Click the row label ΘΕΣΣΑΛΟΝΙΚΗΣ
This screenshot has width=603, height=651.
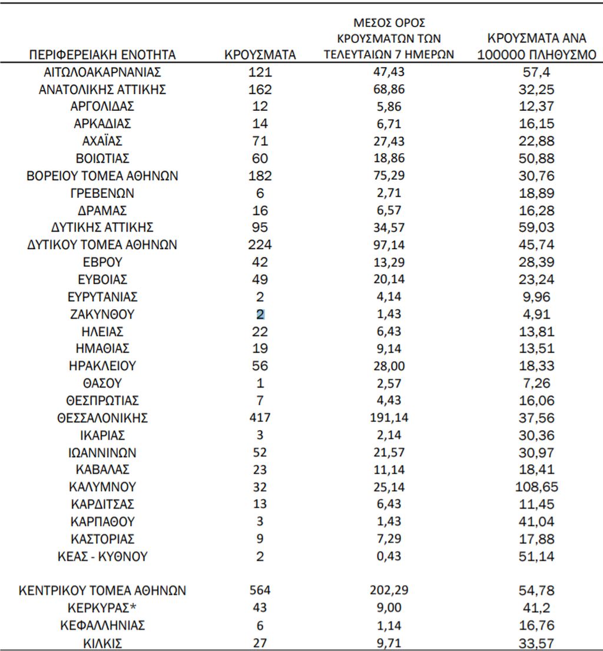pyautogui.click(x=102, y=418)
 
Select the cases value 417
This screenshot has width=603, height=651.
pyautogui.click(x=260, y=418)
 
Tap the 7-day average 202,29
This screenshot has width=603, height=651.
pyautogui.click(x=389, y=590)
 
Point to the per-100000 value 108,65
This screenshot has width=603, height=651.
pyautogui.click(x=536, y=487)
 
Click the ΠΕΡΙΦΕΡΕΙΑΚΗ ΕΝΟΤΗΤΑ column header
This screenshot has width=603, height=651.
pyautogui.click(x=102, y=55)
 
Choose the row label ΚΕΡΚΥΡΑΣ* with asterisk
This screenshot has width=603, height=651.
pyautogui.click(x=102, y=608)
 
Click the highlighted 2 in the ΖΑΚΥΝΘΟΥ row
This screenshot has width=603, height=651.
pyautogui.click(x=260, y=315)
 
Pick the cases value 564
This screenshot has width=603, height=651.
pyautogui.click(x=260, y=590)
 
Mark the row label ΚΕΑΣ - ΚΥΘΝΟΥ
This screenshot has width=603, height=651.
pyautogui.click(x=102, y=557)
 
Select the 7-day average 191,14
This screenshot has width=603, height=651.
pyautogui.click(x=389, y=418)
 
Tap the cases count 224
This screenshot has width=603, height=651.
pyautogui.click(x=260, y=245)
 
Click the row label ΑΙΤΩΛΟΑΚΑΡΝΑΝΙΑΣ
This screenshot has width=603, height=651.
pyautogui.click(x=102, y=72)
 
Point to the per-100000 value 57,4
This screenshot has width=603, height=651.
pyautogui.click(x=536, y=72)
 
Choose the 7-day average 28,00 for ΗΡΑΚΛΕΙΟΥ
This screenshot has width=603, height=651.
pyautogui.click(x=389, y=366)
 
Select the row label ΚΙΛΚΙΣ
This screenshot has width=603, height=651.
pyautogui.click(x=102, y=643)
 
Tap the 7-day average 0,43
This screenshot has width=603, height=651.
pyautogui.click(x=389, y=557)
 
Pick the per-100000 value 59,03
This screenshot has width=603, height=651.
pyautogui.click(x=536, y=227)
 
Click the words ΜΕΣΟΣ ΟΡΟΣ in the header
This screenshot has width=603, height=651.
pyautogui.click(x=389, y=24)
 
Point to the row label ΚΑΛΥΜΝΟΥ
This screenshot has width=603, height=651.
pyautogui.click(x=102, y=487)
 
